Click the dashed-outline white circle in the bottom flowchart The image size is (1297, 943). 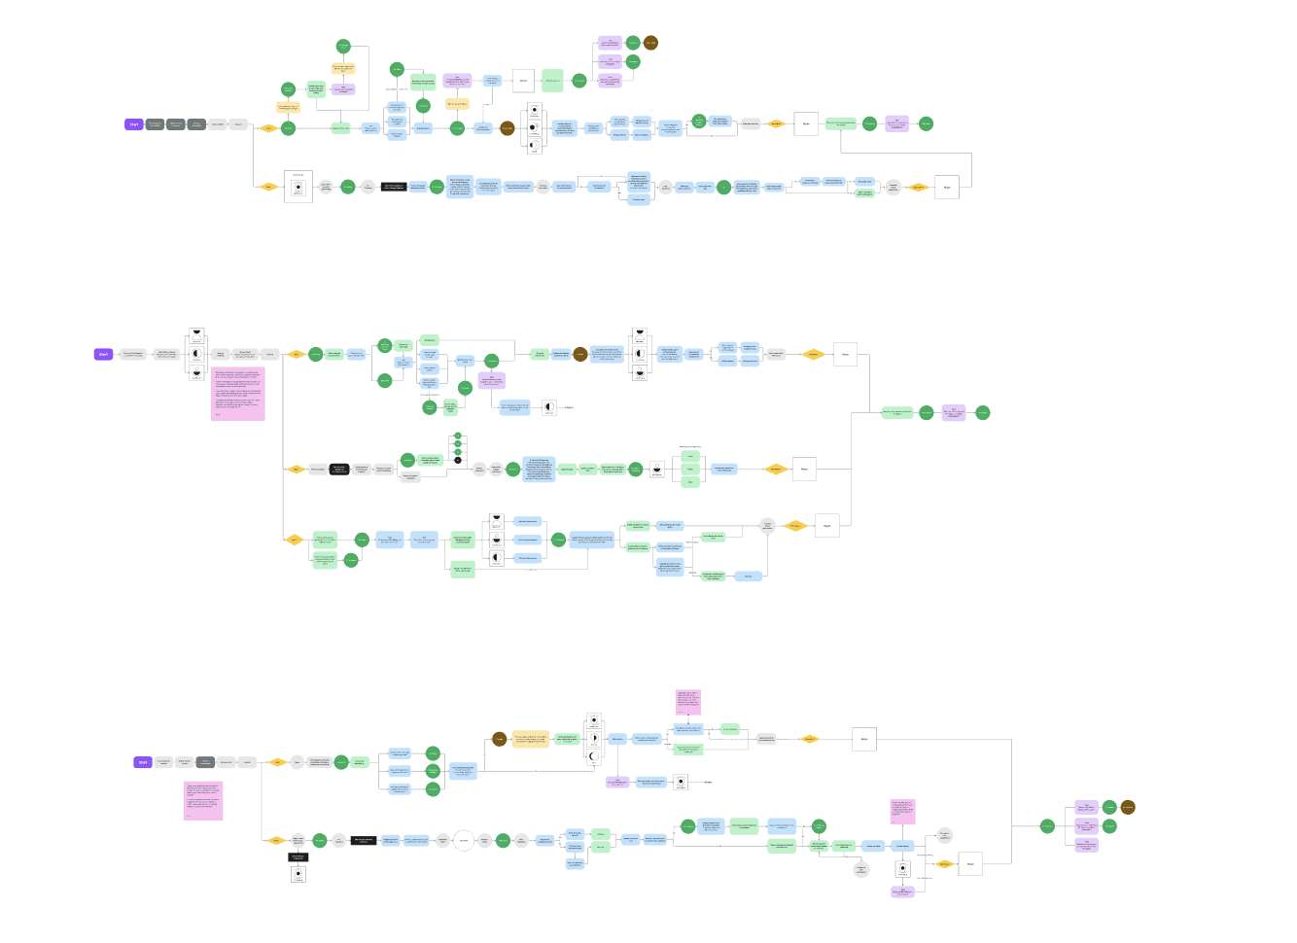pyautogui.click(x=464, y=840)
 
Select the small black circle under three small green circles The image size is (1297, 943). pyautogui.click(x=458, y=460)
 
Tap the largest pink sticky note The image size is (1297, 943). pyautogui.click(x=237, y=394)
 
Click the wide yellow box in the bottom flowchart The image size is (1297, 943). pyautogui.click(x=531, y=740)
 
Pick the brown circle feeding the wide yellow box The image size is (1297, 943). pyautogui.click(x=499, y=740)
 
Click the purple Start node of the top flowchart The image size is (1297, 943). pyautogui.click(x=133, y=124)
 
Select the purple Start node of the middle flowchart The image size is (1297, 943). pyautogui.click(x=103, y=354)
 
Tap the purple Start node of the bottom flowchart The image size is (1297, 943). pyautogui.click(x=143, y=762)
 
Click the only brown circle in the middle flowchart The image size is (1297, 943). pyautogui.click(x=580, y=354)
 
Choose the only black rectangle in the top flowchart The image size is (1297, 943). pyautogui.click(x=394, y=187)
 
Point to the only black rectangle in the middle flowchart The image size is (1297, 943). pyautogui.click(x=339, y=470)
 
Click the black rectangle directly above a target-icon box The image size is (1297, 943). pyautogui.click(x=298, y=857)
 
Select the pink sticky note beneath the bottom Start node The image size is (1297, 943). pyautogui.click(x=203, y=800)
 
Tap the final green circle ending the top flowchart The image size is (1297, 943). pyautogui.click(x=926, y=123)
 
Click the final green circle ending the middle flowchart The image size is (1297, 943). pyautogui.click(x=983, y=412)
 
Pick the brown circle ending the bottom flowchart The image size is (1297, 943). pyautogui.click(x=1128, y=807)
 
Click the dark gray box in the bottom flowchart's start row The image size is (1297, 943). pyautogui.click(x=205, y=762)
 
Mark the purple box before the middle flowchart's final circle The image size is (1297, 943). pyautogui.click(x=954, y=412)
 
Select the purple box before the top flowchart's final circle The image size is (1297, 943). pyautogui.click(x=897, y=123)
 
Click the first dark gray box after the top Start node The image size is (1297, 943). pyautogui.click(x=155, y=124)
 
